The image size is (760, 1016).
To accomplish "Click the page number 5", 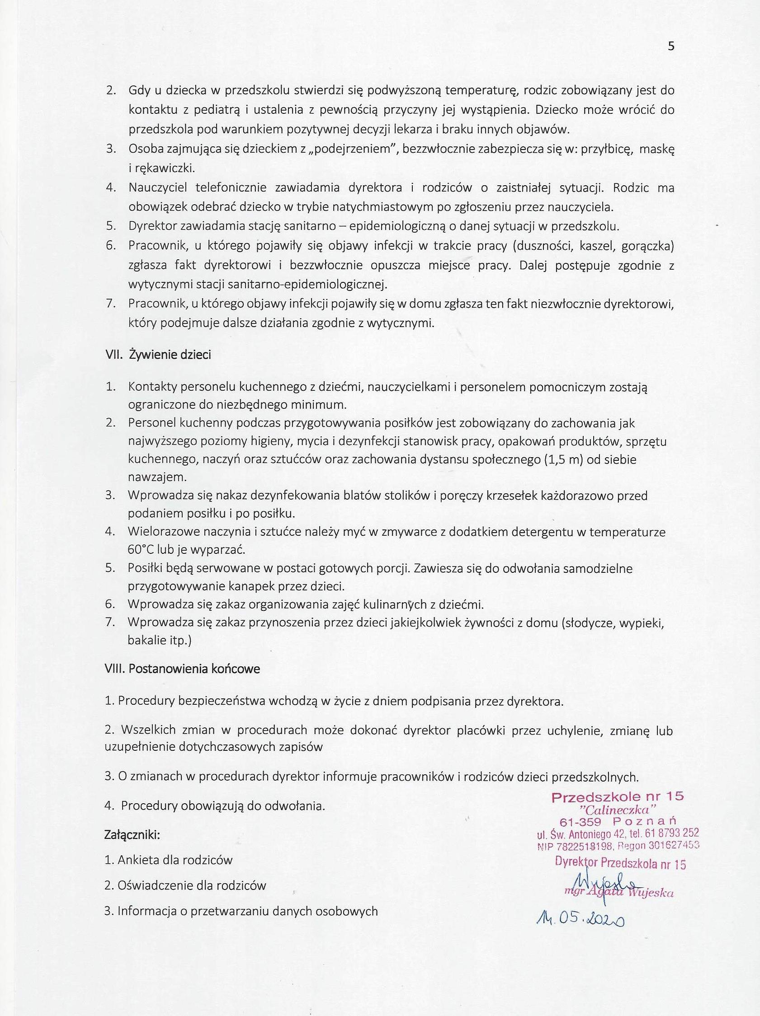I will (x=671, y=47).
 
